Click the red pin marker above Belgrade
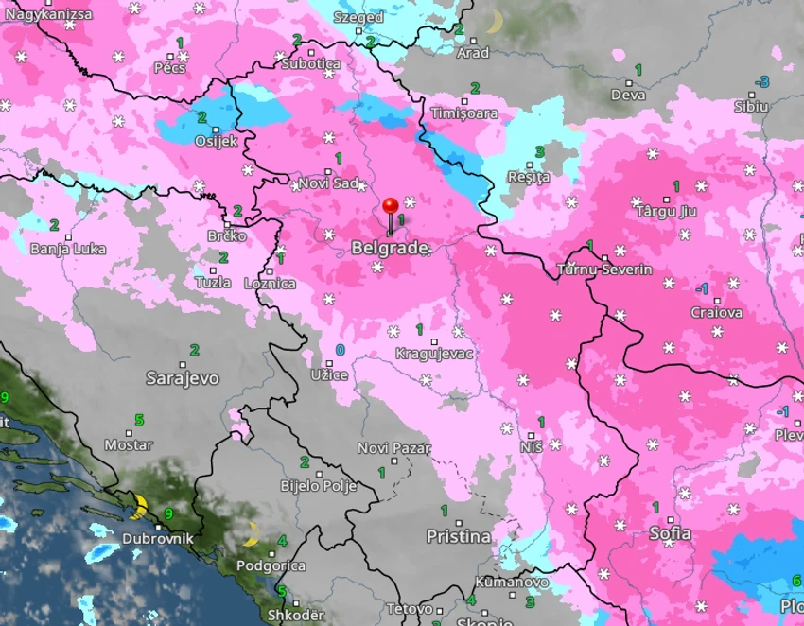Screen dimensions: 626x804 point(390,206)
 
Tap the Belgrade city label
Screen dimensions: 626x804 point(390,249)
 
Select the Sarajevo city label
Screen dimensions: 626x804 point(183,378)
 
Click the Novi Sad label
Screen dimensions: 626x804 point(328,183)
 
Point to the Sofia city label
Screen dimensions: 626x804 point(670,534)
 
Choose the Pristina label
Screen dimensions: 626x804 point(459,537)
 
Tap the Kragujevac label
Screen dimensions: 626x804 point(435,354)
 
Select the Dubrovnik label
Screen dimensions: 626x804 point(158,539)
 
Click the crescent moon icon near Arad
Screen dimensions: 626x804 point(494,21)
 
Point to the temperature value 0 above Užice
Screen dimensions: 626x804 point(341,351)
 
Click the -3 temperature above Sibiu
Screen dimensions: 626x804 point(762,82)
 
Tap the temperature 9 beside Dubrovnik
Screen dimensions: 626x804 point(168,513)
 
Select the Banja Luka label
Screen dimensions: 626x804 point(68,250)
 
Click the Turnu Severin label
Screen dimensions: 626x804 point(604,270)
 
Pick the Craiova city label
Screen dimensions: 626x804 point(716,313)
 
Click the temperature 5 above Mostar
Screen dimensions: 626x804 point(139,420)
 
